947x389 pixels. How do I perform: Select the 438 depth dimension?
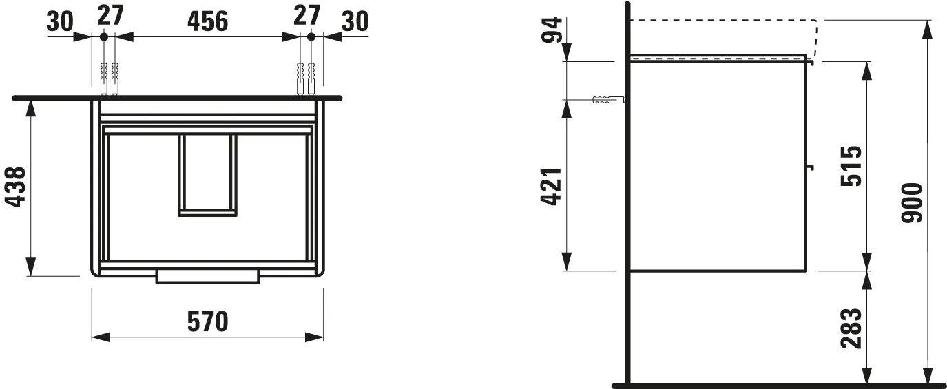tap(16, 187)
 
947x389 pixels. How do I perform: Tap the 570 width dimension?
tap(207, 322)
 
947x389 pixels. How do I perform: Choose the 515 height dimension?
tap(851, 166)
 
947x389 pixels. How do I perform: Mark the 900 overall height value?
tap(911, 203)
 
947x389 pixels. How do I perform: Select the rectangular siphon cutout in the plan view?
tap(207, 175)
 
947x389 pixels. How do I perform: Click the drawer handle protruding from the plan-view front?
tap(207, 276)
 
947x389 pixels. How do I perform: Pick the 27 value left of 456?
tap(109, 15)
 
